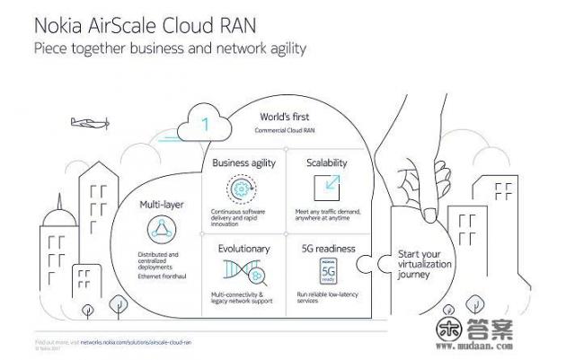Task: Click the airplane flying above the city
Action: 85,124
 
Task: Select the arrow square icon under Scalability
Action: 325,187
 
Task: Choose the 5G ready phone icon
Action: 328,270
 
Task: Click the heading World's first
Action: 285,117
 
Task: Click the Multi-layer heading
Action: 163,205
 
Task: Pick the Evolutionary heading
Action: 243,247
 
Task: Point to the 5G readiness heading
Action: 332,248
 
